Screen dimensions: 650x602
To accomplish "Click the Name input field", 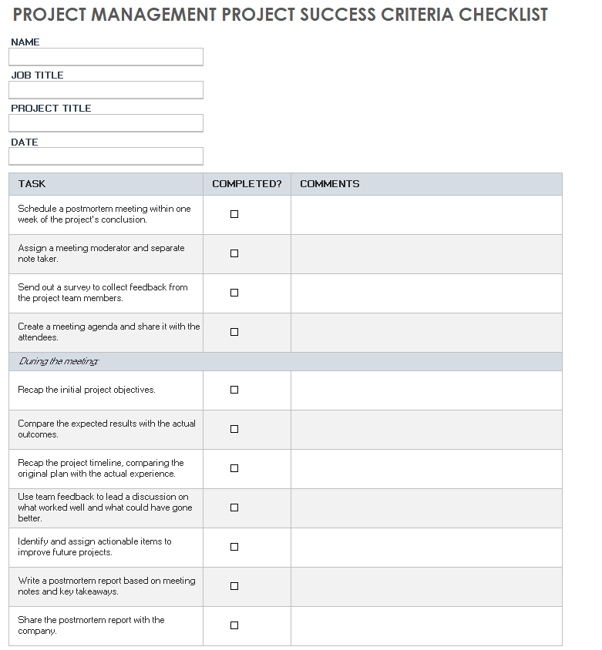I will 106,57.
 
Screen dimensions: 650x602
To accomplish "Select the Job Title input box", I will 106,90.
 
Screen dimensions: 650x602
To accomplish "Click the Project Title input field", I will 106,123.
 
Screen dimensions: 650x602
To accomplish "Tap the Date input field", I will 106,156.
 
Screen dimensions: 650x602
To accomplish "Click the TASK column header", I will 32,184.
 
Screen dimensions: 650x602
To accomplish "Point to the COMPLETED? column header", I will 247,184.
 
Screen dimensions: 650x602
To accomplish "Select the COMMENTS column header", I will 329,184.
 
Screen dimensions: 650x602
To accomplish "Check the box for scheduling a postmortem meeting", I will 234,214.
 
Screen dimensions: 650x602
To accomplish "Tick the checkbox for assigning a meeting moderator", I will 234,253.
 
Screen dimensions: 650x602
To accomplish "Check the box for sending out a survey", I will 234,293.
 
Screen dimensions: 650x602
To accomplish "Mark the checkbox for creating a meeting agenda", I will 234,332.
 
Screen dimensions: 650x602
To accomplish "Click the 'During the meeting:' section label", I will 59,362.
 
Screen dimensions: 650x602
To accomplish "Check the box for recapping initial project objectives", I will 234,390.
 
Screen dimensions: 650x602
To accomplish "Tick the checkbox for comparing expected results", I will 234,429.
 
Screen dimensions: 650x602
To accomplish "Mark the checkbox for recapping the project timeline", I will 234,468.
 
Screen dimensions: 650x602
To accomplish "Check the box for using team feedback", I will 234,508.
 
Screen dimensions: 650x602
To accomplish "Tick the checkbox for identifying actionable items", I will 234,547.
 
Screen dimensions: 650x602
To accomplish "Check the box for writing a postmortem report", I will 234,586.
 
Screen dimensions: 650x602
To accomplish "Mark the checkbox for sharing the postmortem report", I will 234,625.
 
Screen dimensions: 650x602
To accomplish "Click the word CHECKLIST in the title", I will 503,15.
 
